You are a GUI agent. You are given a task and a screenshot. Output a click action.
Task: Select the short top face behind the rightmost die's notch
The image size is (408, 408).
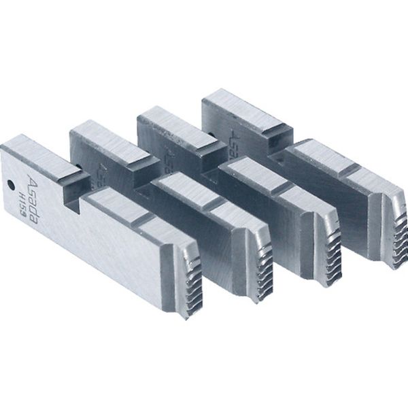click(x=235, y=109)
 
